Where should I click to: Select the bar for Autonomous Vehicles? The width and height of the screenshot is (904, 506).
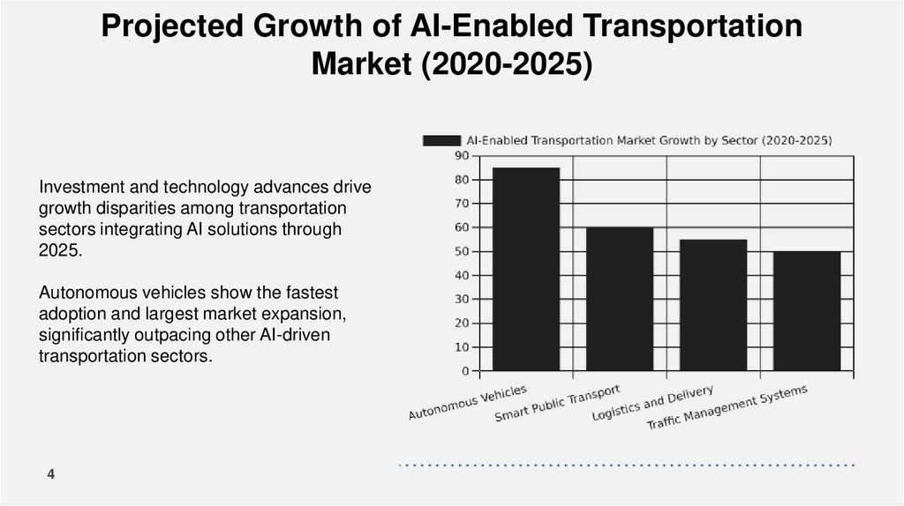pos(526,269)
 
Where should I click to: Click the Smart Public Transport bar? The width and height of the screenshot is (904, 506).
pos(620,299)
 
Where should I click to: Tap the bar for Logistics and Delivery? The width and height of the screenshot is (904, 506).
pos(712,305)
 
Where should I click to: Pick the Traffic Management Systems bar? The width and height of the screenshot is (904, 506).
pos(806,311)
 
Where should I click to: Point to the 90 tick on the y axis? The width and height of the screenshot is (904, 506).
pos(462,156)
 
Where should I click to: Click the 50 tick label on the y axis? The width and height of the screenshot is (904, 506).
pos(462,251)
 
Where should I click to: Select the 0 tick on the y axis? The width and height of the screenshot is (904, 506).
pos(465,371)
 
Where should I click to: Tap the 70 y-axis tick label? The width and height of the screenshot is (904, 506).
pos(462,204)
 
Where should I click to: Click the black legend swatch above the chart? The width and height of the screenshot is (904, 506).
pos(441,140)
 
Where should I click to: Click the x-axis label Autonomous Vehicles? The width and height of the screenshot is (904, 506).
pos(468,402)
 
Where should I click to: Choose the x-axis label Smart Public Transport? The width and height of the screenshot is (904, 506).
pos(557,403)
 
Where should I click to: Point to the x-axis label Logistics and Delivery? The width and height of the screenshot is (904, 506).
pos(652,402)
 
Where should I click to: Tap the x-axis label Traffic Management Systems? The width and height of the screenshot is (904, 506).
pos(727,407)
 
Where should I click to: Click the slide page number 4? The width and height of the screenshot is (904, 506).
pos(51,475)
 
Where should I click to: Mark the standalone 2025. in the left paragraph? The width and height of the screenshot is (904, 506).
pos(59,249)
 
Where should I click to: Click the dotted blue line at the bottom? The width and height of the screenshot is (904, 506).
pos(627,465)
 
